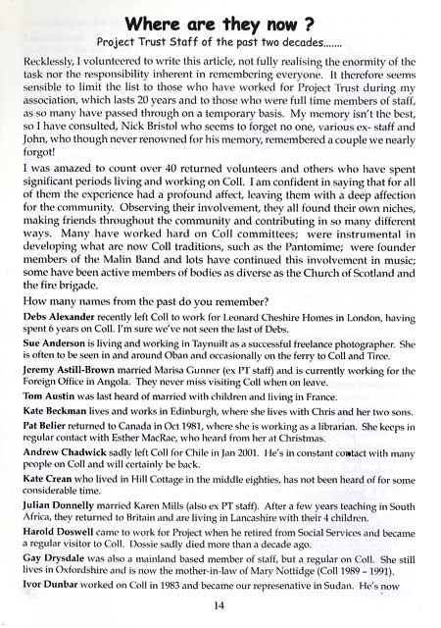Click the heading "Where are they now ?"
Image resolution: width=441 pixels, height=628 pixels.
click(x=220, y=20)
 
